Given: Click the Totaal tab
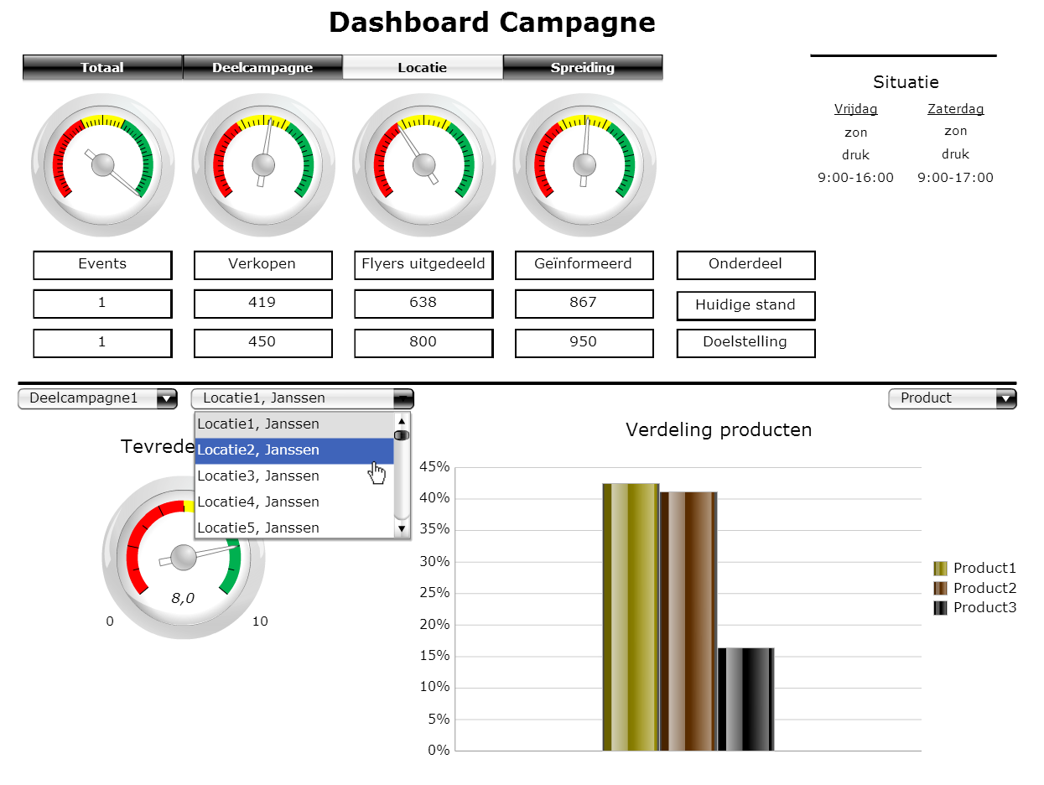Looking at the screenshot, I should tap(102, 68).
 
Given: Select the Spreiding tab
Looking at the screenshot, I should tap(583, 68).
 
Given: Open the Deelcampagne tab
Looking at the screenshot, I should tap(262, 68).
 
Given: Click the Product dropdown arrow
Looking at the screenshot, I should tap(1005, 399).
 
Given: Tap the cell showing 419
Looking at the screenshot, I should tap(262, 304).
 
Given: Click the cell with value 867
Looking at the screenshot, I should tap(584, 304).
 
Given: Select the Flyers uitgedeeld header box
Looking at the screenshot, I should tap(423, 265).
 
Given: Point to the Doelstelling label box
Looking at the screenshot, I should tap(745, 343).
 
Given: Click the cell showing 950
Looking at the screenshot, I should tap(584, 343).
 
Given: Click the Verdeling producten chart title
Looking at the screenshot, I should tap(719, 430).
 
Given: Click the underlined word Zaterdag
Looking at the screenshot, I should tap(955, 109).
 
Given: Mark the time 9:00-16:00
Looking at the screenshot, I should tap(855, 178).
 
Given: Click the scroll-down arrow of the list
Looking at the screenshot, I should tap(402, 528).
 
